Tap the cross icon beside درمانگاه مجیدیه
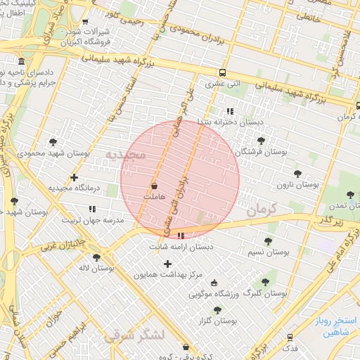coord(74,178)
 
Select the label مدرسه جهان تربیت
coord(94,219)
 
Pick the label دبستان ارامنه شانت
coord(180,247)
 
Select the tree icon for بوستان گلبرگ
coord(265,282)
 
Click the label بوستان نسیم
coord(268,251)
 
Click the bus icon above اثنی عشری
coord(223,72)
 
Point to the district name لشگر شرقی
coord(134,335)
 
